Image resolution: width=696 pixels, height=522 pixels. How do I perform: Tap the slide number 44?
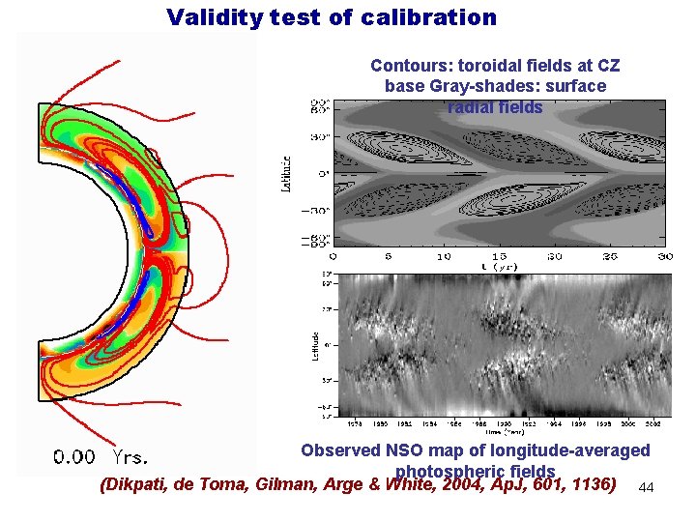point(647,489)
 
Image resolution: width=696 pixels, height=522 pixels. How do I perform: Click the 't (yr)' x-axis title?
point(500,266)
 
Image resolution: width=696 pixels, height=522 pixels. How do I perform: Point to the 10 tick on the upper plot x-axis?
point(444,256)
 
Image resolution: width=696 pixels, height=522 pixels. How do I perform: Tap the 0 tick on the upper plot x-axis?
point(333,256)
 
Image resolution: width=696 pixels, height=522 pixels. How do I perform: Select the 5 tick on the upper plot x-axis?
point(389,256)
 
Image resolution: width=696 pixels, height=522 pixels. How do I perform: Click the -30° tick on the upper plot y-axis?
point(320,211)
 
